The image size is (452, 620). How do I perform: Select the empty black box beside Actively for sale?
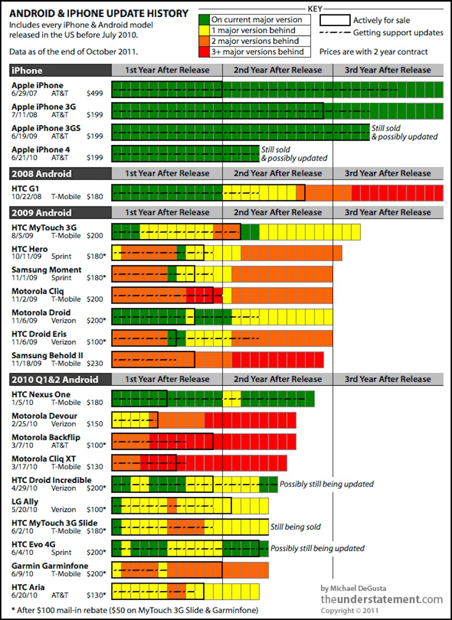335,20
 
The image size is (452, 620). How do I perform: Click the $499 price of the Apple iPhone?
95,93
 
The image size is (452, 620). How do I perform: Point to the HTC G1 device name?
25,189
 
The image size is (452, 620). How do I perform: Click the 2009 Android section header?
41,213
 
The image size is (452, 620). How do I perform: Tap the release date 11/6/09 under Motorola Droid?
24,321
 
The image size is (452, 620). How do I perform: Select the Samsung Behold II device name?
47,355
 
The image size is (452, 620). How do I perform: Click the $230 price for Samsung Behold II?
95,364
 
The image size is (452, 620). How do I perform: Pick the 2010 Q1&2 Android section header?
55,379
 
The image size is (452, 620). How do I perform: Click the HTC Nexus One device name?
41,394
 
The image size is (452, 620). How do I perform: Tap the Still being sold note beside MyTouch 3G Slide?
295,527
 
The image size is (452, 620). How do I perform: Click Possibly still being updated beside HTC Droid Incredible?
326,484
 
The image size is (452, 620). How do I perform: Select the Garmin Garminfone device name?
50,566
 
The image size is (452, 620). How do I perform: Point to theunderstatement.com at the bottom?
382,599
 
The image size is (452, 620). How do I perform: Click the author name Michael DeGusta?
358,588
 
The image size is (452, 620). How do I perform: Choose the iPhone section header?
27,71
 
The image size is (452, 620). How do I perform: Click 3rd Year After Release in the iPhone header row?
388,70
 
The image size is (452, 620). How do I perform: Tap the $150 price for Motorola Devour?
95,424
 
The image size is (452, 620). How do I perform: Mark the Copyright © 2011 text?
350,611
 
